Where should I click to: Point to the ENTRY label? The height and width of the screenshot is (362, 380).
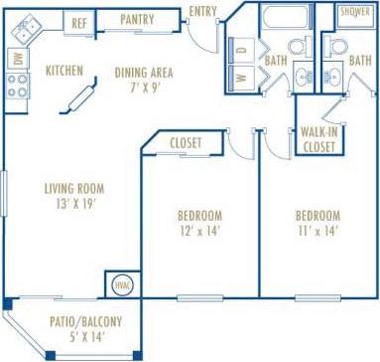pos(202,11)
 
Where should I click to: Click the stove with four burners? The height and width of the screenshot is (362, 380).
pos(17,87)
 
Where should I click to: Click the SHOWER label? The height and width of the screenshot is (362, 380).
pos(354,12)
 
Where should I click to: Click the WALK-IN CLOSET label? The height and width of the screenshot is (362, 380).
pos(317,138)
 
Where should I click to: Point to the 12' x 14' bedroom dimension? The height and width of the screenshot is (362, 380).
pos(199,232)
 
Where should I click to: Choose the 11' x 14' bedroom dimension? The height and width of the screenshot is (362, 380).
pos(317,232)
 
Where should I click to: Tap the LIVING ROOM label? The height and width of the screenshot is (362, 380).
pos(74,188)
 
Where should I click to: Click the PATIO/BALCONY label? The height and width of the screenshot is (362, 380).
pos(85,321)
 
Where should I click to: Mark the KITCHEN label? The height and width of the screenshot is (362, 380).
pos(64,71)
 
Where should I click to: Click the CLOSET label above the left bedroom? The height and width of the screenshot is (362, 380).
pos(186,143)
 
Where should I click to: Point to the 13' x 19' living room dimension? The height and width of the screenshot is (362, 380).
pos(74,205)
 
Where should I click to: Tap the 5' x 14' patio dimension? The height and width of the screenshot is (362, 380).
pos(85,337)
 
